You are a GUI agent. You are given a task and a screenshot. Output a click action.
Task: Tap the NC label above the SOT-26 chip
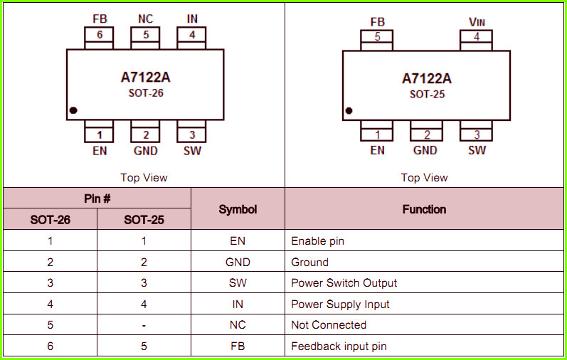click(145, 18)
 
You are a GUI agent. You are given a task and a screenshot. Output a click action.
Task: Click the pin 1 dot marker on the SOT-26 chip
click(73, 110)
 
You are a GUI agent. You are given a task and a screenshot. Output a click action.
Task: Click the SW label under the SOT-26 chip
click(192, 151)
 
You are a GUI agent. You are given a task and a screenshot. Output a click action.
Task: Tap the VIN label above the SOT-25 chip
click(477, 22)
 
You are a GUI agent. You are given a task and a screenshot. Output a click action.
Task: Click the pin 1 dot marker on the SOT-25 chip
click(349, 111)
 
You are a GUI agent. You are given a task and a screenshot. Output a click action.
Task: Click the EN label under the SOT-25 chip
click(378, 150)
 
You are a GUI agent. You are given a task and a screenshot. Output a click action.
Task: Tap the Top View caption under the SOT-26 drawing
click(144, 178)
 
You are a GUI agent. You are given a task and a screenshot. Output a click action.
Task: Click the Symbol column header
click(238, 209)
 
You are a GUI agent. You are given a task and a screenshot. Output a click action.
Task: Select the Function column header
click(424, 209)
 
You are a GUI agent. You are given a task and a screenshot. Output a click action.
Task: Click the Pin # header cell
click(97, 198)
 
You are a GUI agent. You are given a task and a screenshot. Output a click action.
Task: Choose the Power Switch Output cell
click(344, 283)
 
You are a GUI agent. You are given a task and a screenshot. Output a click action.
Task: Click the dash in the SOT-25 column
click(144, 325)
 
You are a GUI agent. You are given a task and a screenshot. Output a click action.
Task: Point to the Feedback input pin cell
click(339, 346)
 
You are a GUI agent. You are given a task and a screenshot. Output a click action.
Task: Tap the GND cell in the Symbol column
click(238, 262)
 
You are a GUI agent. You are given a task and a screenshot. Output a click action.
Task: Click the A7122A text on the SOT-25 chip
click(427, 78)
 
